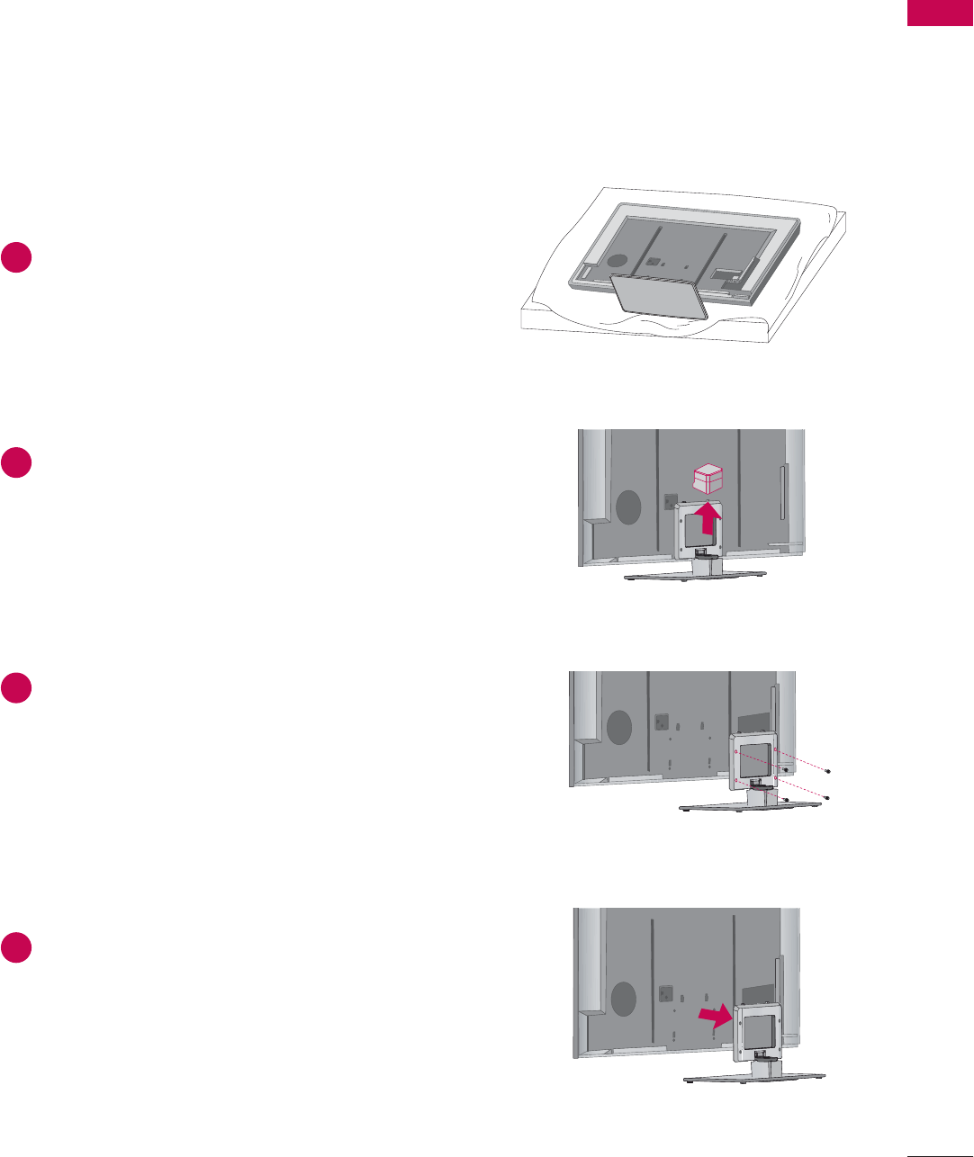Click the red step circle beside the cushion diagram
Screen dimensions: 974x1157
(x=16, y=257)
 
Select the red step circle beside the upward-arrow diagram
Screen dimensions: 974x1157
(x=16, y=462)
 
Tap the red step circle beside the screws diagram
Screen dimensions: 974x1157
(x=16, y=688)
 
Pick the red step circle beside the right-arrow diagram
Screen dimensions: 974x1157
(x=16, y=948)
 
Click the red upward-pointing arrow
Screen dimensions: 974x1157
(x=709, y=520)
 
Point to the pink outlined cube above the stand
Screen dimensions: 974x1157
(x=708, y=478)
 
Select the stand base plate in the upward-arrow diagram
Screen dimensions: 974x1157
(x=695, y=575)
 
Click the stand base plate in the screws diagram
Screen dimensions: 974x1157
(x=751, y=805)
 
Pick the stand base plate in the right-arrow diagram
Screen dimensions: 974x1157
(x=754, y=1078)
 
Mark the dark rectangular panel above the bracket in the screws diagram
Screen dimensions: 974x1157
(x=755, y=722)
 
